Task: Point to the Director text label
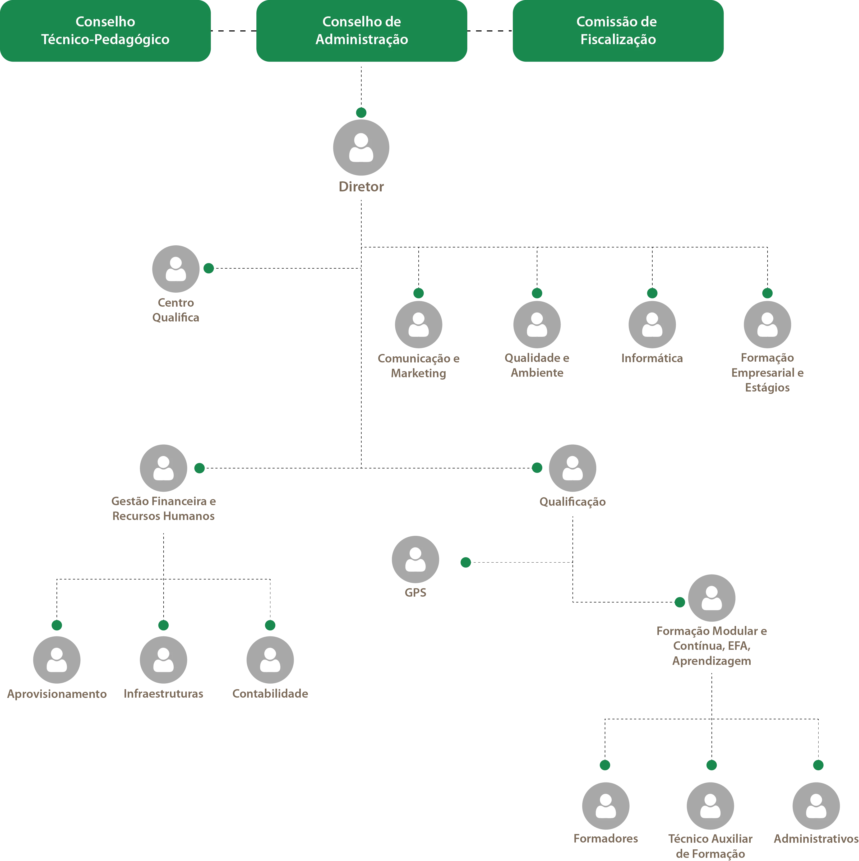click(x=361, y=187)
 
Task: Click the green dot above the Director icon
click(x=361, y=112)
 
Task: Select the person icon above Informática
click(x=652, y=324)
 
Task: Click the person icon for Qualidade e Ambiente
click(x=537, y=324)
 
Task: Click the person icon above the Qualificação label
click(x=572, y=468)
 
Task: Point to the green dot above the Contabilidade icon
click(x=270, y=625)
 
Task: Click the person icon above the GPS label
click(x=415, y=559)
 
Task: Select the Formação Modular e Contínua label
click(x=711, y=646)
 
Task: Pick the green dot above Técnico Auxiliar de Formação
click(x=711, y=765)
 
